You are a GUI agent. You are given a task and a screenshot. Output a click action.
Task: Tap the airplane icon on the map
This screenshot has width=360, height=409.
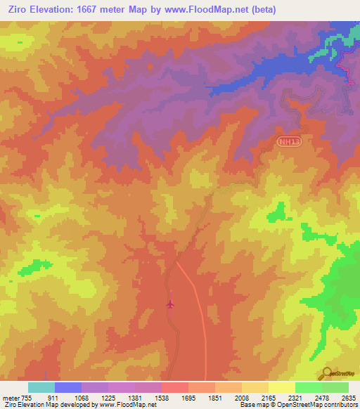point(170,304)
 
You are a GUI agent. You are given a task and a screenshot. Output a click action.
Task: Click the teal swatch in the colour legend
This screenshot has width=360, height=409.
point(41,387)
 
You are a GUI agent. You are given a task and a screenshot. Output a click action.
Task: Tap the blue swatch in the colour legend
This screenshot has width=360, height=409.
point(68,387)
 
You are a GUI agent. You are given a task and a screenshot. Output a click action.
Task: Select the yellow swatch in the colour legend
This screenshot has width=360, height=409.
point(282,387)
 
